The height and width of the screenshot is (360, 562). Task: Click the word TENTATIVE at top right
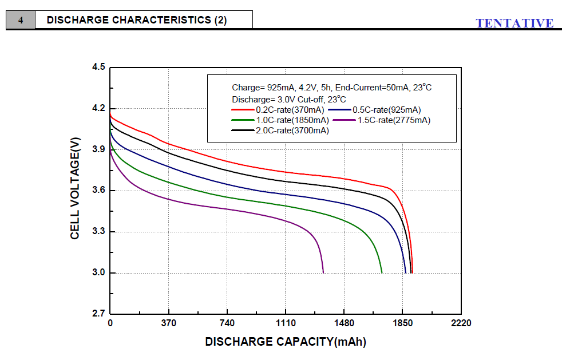click(514, 23)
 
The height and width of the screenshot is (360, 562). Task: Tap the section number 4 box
click(21, 21)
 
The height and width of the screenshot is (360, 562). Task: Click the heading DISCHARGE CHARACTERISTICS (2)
click(137, 20)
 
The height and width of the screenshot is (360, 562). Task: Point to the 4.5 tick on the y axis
click(98, 68)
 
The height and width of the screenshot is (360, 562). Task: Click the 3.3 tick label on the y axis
click(98, 232)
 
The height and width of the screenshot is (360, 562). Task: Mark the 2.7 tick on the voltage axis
click(98, 314)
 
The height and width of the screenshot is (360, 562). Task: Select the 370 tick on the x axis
click(168, 323)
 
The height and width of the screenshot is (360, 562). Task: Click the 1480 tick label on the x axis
click(343, 323)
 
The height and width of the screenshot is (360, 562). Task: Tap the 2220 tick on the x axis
click(461, 323)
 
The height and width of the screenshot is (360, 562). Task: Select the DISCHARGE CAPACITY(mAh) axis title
click(285, 342)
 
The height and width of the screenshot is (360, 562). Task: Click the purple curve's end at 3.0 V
click(323, 272)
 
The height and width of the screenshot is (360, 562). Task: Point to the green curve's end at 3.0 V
click(382, 272)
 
